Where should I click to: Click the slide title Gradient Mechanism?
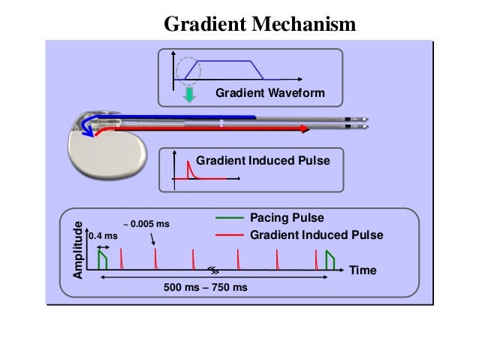tap(259, 26)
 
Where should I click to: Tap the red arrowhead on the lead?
tap(306, 129)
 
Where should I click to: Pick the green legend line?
tap(230, 218)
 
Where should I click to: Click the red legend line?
tap(230, 235)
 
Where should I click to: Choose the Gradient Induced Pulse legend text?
tap(316, 235)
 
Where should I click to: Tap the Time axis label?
tap(364, 269)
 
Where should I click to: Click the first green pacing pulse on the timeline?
tap(102, 259)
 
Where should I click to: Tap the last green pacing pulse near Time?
tap(330, 259)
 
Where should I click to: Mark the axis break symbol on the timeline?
tap(214, 270)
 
